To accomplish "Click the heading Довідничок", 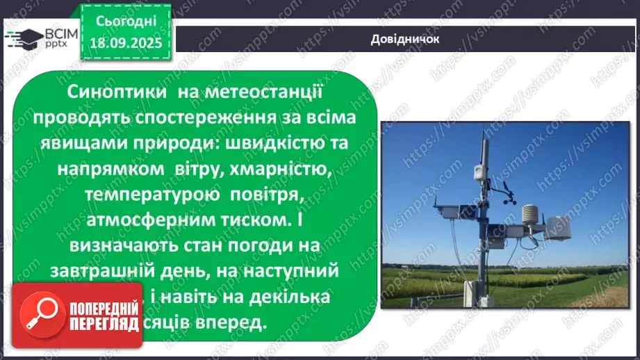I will pos(406,39).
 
